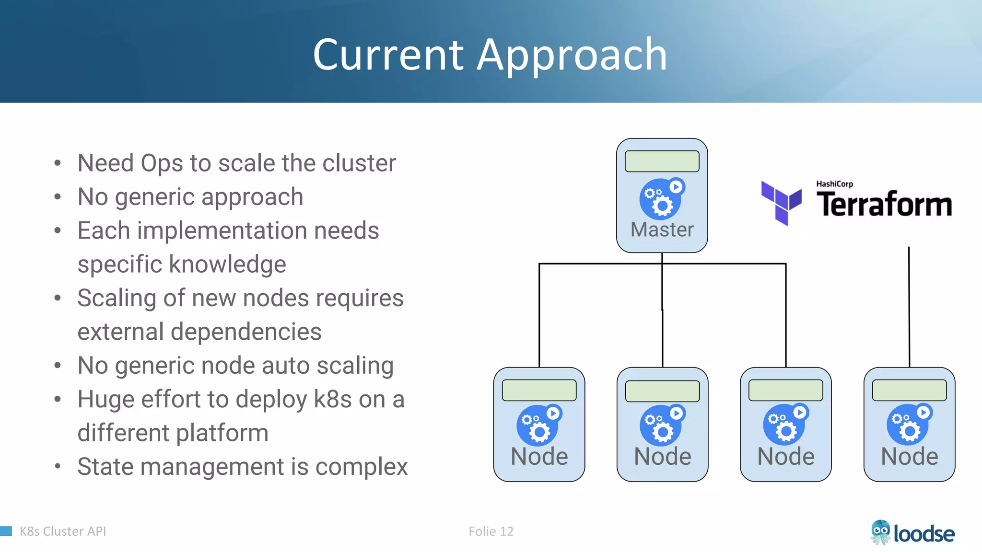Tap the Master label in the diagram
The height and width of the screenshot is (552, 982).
click(662, 230)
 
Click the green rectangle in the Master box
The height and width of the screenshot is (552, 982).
click(662, 161)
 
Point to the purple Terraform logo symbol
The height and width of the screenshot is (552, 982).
click(781, 203)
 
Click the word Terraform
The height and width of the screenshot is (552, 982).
click(884, 205)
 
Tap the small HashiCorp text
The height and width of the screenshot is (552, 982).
click(834, 184)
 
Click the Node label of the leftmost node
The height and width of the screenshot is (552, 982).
click(539, 456)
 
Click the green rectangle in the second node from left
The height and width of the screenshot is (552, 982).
click(662, 391)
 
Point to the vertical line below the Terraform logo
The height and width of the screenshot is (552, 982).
click(909, 307)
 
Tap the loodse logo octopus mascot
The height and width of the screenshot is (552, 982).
click(880, 532)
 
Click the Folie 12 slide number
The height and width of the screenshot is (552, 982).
click(491, 531)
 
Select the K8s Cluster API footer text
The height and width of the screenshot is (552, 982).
click(62, 531)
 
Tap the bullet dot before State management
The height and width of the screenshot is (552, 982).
click(58, 466)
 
